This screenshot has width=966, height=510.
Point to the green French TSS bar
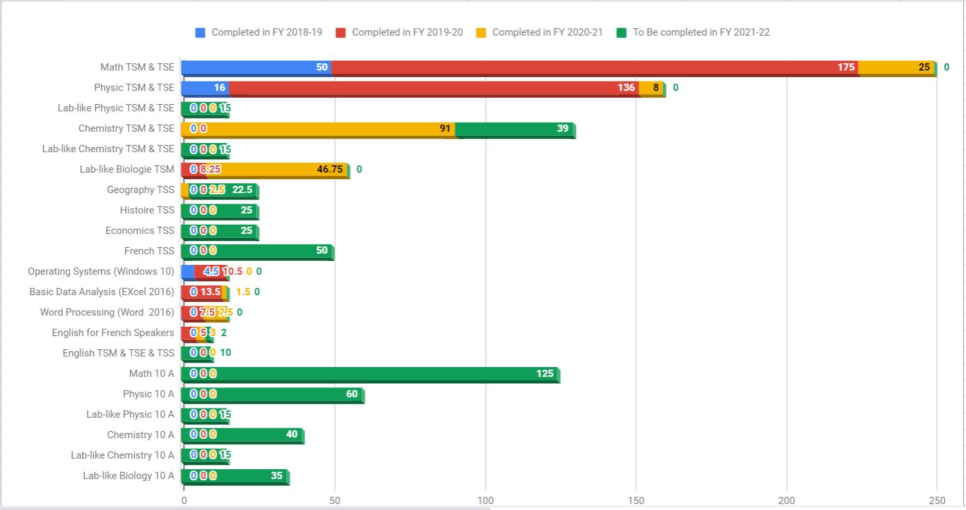264,251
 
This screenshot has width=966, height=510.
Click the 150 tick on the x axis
636,500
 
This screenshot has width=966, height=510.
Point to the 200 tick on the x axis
787,500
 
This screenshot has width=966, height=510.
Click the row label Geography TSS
140,190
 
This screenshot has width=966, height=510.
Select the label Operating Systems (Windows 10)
101,271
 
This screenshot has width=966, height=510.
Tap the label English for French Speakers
113,333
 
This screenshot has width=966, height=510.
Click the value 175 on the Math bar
846,67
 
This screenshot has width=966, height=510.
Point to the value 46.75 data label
330,169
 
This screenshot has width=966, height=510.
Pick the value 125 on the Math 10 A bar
545,374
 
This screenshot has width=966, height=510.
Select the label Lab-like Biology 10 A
129,476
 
